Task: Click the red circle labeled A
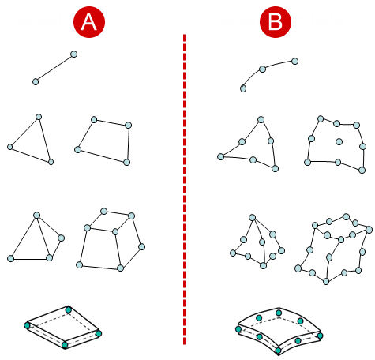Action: pyautogui.click(x=89, y=22)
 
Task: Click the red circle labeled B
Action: pyautogui.click(x=276, y=22)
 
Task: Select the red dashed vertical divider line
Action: pyautogui.click(x=184, y=189)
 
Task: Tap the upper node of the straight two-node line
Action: pyautogui.click(x=74, y=54)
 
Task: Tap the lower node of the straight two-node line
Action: pyautogui.click(x=36, y=81)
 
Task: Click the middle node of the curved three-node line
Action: pyautogui.click(x=262, y=69)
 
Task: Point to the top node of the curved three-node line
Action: pyautogui.click(x=295, y=62)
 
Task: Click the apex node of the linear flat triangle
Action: pyautogui.click(x=39, y=117)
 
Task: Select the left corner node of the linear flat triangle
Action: pyautogui.click(x=9, y=147)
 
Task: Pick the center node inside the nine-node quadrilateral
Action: pyautogui.click(x=339, y=142)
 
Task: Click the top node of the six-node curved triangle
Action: pyautogui.click(x=261, y=120)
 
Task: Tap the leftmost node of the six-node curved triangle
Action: pyautogui.click(x=220, y=157)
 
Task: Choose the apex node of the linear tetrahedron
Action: pyautogui.click(x=36, y=216)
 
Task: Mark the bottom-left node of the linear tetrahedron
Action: pyautogui.click(x=10, y=258)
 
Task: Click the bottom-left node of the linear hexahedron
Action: pyautogui.click(x=79, y=264)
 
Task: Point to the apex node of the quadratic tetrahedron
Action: pyautogui.click(x=252, y=217)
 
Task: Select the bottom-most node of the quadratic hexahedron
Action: pyautogui.click(x=326, y=282)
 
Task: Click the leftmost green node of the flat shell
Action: pyautogui.click(x=27, y=325)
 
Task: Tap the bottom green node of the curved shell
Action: pyautogui.click(x=278, y=351)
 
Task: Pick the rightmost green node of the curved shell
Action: pyautogui.click(x=320, y=336)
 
